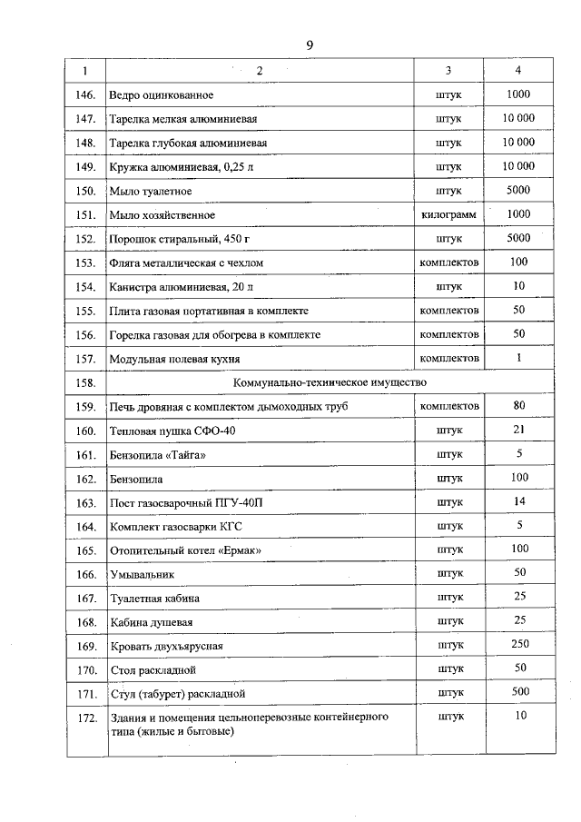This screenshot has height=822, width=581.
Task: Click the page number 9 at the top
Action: [x=310, y=45]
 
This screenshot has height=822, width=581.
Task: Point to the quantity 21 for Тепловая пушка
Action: [x=519, y=429]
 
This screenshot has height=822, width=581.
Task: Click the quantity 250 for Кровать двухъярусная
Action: [x=519, y=645]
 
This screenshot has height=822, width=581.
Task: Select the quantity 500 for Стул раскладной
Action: [x=519, y=692]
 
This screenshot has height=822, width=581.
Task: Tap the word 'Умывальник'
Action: [x=142, y=574]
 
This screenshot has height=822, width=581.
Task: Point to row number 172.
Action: [x=86, y=718]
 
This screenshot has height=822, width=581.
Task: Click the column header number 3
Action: [x=448, y=71]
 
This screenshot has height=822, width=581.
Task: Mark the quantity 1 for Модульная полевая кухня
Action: [x=519, y=358]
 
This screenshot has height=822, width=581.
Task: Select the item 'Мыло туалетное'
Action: [x=150, y=191]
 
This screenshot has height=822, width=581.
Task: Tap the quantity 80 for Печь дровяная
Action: [x=519, y=405]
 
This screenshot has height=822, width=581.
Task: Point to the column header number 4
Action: [x=518, y=71]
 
